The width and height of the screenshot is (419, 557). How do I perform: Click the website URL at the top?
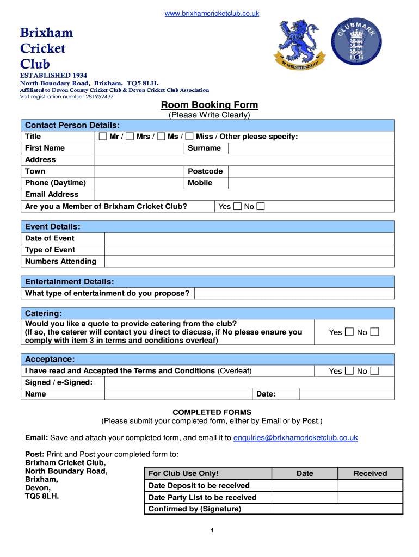212,13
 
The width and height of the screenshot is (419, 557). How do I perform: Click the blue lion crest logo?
299,43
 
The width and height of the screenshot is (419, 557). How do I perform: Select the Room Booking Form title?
209,105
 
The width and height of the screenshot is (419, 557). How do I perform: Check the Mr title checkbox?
103,137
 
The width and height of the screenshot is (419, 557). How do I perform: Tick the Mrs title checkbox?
130,137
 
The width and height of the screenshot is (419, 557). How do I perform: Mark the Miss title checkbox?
189,137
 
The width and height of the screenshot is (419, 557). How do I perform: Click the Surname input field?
310,148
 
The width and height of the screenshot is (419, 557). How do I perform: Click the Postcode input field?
310,171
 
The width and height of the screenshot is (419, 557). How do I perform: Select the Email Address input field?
244,195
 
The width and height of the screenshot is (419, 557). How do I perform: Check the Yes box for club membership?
237,207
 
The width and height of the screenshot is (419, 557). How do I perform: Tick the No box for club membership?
261,207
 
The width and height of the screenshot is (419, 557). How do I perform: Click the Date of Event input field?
249,238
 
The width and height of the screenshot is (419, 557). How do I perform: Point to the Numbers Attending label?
60,262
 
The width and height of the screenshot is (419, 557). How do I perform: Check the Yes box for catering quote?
349,332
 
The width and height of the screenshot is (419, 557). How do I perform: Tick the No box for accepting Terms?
374,371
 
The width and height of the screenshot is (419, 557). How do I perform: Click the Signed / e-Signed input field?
249,382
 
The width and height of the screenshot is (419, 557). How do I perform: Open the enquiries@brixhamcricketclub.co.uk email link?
295,438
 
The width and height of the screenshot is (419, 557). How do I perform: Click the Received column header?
370,474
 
